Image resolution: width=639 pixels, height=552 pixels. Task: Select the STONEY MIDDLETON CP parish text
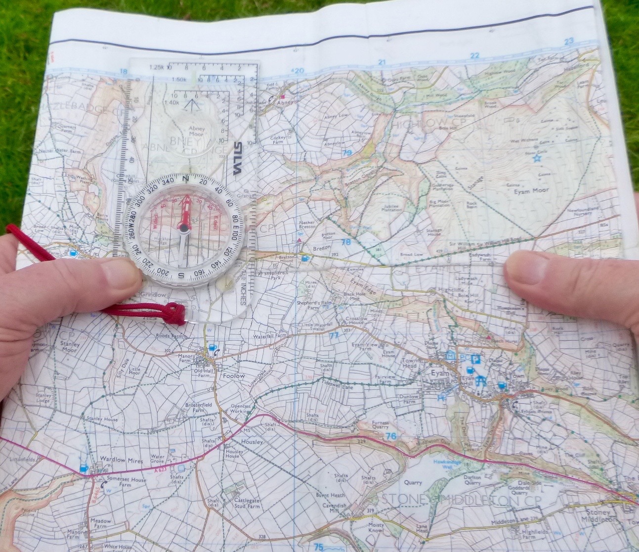click(x=461, y=499)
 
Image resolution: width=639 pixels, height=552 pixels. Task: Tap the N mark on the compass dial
click(x=186, y=179)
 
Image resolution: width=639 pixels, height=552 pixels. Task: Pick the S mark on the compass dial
click(x=181, y=276)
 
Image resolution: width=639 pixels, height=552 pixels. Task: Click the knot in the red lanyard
click(x=173, y=313)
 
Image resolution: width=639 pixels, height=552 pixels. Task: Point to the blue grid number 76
click(x=391, y=436)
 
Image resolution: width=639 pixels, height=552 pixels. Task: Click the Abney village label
click(x=286, y=102)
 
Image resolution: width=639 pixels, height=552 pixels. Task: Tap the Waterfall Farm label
click(x=270, y=335)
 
